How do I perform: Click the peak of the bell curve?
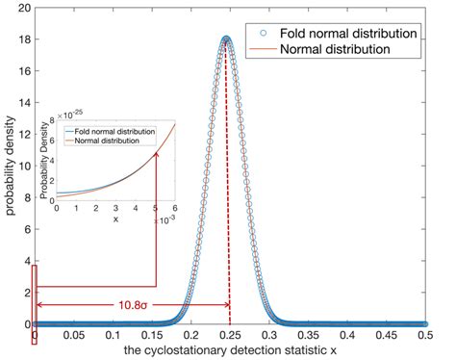coord(227,38)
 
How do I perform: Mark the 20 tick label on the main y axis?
coord(21,7)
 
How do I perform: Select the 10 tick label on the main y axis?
coord(21,166)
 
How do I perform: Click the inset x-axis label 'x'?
coord(115,219)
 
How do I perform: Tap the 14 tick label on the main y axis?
coord(21,102)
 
